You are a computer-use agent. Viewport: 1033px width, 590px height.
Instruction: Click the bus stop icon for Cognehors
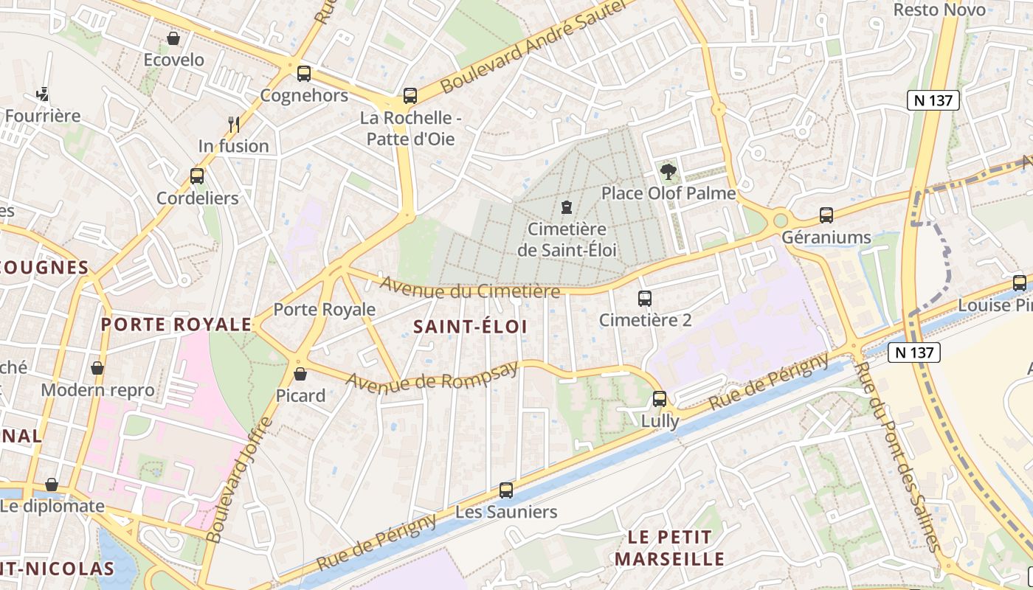tap(303, 74)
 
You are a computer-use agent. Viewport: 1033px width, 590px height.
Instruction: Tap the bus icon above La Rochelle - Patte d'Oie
tap(410, 96)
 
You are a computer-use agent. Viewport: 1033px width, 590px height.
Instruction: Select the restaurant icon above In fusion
tap(234, 124)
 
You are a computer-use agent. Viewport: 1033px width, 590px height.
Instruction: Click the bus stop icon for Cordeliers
tap(197, 176)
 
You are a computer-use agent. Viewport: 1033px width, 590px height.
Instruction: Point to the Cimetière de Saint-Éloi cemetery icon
tap(566, 206)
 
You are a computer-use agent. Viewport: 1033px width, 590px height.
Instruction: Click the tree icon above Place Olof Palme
tap(668, 172)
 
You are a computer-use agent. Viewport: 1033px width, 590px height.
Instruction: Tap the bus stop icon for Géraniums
tap(826, 215)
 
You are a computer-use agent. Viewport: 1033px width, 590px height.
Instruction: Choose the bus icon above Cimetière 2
tap(645, 299)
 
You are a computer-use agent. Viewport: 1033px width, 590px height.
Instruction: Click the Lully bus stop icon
tap(660, 399)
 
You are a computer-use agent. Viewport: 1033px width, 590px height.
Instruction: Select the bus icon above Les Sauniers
tap(506, 490)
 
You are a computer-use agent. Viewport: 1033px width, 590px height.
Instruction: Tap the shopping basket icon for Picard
tap(300, 374)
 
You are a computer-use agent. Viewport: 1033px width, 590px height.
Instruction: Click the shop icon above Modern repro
tap(97, 367)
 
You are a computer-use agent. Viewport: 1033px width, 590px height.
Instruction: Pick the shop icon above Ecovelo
tap(174, 38)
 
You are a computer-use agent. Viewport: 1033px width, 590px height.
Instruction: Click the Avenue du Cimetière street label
tap(470, 288)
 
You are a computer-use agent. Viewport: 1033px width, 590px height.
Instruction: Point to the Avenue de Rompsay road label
tap(432, 377)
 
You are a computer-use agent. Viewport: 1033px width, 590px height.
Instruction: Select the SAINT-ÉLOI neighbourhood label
tap(470, 326)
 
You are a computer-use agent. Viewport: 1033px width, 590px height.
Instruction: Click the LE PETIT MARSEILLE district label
tap(670, 547)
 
